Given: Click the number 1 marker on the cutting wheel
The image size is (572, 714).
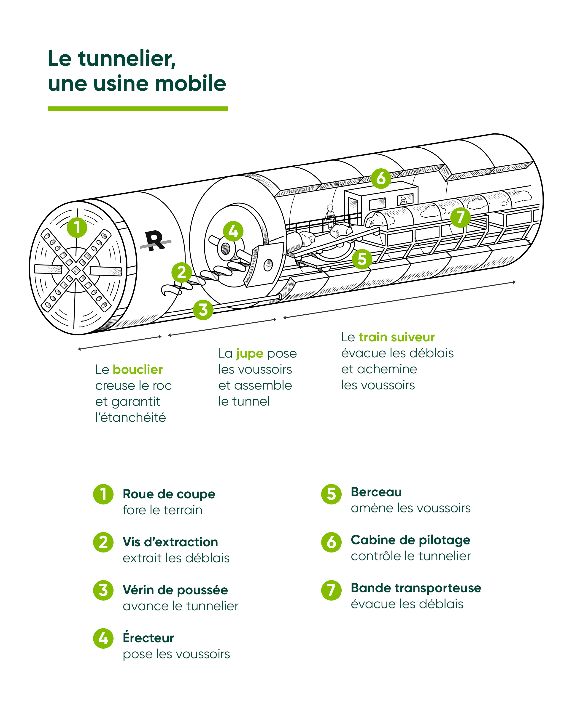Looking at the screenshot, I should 77,228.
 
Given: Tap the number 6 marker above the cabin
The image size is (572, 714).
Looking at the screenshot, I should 381,178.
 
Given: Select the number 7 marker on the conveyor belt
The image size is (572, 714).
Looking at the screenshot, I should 460,217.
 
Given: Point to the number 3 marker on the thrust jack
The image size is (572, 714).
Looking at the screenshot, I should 203,310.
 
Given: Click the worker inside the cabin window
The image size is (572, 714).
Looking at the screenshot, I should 403,201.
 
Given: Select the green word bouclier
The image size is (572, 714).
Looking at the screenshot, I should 137,369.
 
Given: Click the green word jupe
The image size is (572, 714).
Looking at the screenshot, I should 249,353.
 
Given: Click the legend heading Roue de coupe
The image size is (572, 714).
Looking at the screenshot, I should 169,494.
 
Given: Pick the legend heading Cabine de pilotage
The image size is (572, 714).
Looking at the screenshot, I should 410,540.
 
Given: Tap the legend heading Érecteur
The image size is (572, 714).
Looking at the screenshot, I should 148,637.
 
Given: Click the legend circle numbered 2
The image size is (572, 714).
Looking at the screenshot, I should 103,542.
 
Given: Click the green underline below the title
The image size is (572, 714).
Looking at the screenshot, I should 138,109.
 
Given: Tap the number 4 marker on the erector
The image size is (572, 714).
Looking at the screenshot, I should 233,231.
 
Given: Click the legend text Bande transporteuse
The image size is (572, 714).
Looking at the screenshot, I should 416,588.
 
